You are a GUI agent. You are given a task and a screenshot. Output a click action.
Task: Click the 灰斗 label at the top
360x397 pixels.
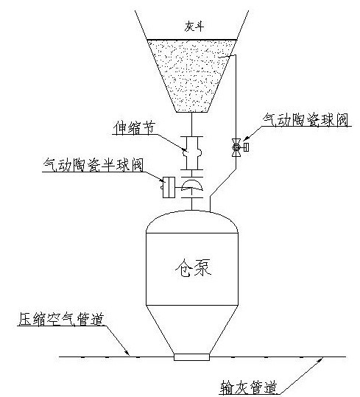pos(194,26)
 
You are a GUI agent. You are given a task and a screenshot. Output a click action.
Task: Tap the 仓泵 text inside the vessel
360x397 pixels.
pos(194,268)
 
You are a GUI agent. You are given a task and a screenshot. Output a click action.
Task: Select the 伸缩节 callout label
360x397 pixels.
pos(134,127)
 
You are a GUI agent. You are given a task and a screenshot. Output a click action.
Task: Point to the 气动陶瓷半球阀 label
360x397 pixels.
pos(93,165)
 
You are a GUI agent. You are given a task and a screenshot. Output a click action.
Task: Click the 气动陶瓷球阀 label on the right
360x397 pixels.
pos(306,119)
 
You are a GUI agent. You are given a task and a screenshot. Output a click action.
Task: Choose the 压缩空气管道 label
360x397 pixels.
pos(62,319)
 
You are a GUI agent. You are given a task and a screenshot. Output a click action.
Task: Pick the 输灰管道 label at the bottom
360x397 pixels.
pos(248,387)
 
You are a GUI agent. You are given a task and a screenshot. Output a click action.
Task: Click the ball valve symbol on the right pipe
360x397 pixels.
pos(236,147)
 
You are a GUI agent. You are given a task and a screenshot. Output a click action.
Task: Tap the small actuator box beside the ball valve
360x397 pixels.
pos(246,147)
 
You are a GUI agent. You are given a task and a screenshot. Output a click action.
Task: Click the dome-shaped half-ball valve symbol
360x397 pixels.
pos(192,184)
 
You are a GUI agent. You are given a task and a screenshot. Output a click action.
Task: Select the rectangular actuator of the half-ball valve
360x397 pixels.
pos(169,187)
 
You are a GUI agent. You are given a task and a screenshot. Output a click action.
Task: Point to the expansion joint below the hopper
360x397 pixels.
pos(192,153)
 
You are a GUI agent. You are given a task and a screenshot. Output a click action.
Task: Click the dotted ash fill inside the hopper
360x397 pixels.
pos(192,74)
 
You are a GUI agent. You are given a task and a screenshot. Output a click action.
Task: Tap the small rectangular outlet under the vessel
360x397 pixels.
pos(191,357)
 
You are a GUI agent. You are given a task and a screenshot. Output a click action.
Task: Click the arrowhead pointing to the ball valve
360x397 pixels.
pos(245,138)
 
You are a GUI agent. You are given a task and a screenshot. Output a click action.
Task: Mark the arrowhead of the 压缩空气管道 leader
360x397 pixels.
pos(127,353)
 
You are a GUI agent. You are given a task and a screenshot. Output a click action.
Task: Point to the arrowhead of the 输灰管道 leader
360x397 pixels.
pos(321,359)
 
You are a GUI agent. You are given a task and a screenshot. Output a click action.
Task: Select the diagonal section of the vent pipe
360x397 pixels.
pos(223,182)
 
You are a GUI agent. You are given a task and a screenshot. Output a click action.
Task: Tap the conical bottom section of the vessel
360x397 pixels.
pos(192,329)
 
